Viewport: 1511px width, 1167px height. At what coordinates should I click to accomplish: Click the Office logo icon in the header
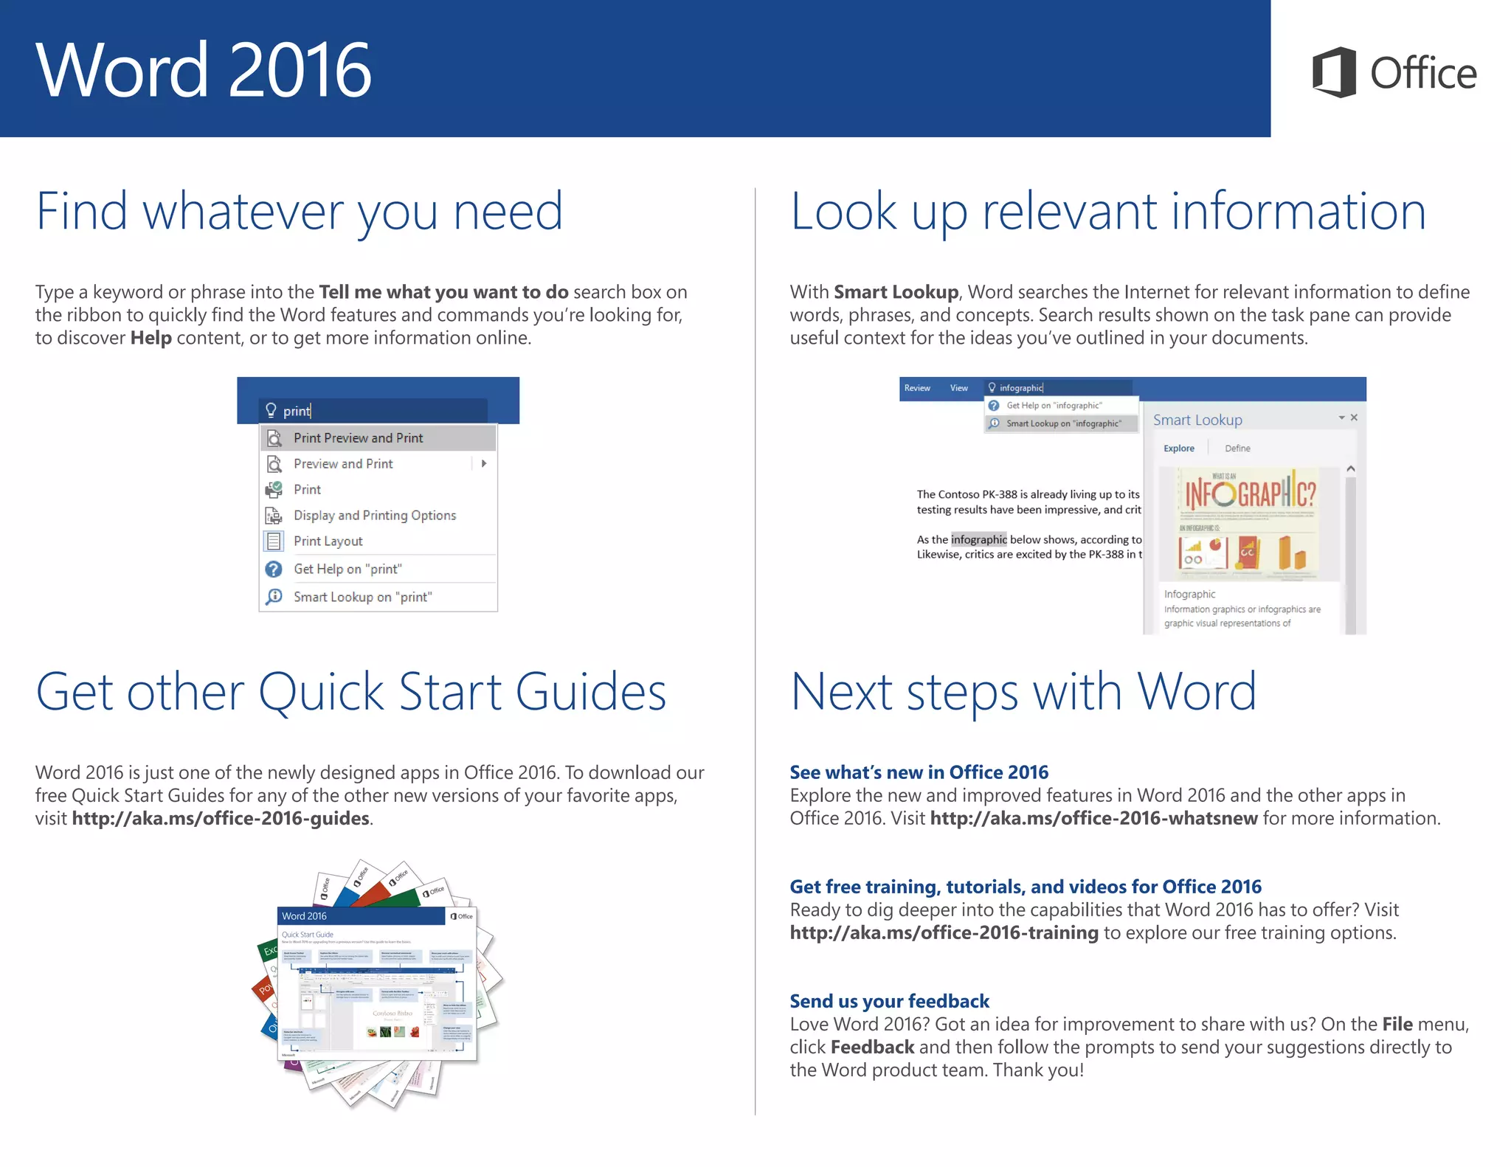pos(1334,72)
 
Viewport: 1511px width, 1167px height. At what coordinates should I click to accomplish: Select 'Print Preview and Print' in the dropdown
pos(358,438)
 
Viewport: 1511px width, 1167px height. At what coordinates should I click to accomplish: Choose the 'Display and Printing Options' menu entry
pos(374,516)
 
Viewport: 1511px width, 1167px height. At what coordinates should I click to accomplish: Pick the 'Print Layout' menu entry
pos(328,541)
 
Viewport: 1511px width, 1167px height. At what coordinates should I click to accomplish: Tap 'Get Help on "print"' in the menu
pos(347,569)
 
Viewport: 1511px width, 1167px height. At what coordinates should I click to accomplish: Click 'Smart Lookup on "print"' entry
pos(362,597)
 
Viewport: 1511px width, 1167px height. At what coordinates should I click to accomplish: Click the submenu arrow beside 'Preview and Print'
pos(484,464)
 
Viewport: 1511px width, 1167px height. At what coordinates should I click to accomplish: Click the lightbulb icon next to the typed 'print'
pos(271,410)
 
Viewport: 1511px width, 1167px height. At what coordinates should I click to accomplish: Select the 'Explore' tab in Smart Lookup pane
pos(1178,449)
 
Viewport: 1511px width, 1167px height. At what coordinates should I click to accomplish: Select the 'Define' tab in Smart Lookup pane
pos(1237,449)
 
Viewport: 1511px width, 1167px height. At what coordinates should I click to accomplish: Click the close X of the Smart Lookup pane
pos(1354,418)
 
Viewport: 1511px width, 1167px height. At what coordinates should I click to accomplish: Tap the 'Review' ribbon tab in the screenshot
pos(917,388)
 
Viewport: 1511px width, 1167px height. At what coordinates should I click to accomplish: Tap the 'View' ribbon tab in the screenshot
pos(958,388)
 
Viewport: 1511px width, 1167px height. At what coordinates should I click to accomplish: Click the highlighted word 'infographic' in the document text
pos(978,539)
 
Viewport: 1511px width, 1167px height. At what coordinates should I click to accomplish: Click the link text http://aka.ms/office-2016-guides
pos(221,819)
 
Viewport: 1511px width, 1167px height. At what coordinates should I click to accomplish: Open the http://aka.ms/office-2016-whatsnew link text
pos(1093,819)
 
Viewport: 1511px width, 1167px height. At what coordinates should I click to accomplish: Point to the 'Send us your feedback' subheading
pos(889,1001)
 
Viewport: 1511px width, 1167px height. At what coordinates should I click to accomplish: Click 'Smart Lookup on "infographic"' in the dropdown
pos(1063,423)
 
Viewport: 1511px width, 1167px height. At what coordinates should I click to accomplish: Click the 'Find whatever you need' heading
pos(300,212)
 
